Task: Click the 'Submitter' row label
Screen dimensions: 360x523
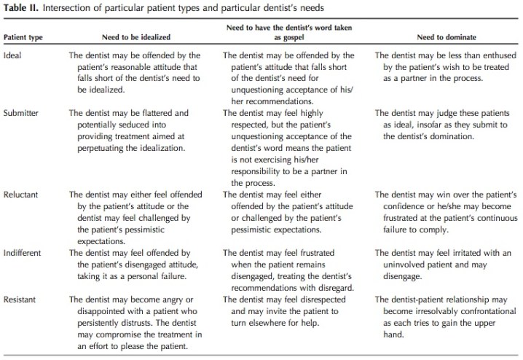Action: (22, 114)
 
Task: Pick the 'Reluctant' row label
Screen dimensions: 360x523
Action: (22, 195)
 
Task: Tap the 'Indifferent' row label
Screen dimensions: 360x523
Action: (24, 252)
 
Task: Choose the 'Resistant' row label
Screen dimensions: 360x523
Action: (21, 300)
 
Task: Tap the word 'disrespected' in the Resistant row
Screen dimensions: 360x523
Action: (314, 300)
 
